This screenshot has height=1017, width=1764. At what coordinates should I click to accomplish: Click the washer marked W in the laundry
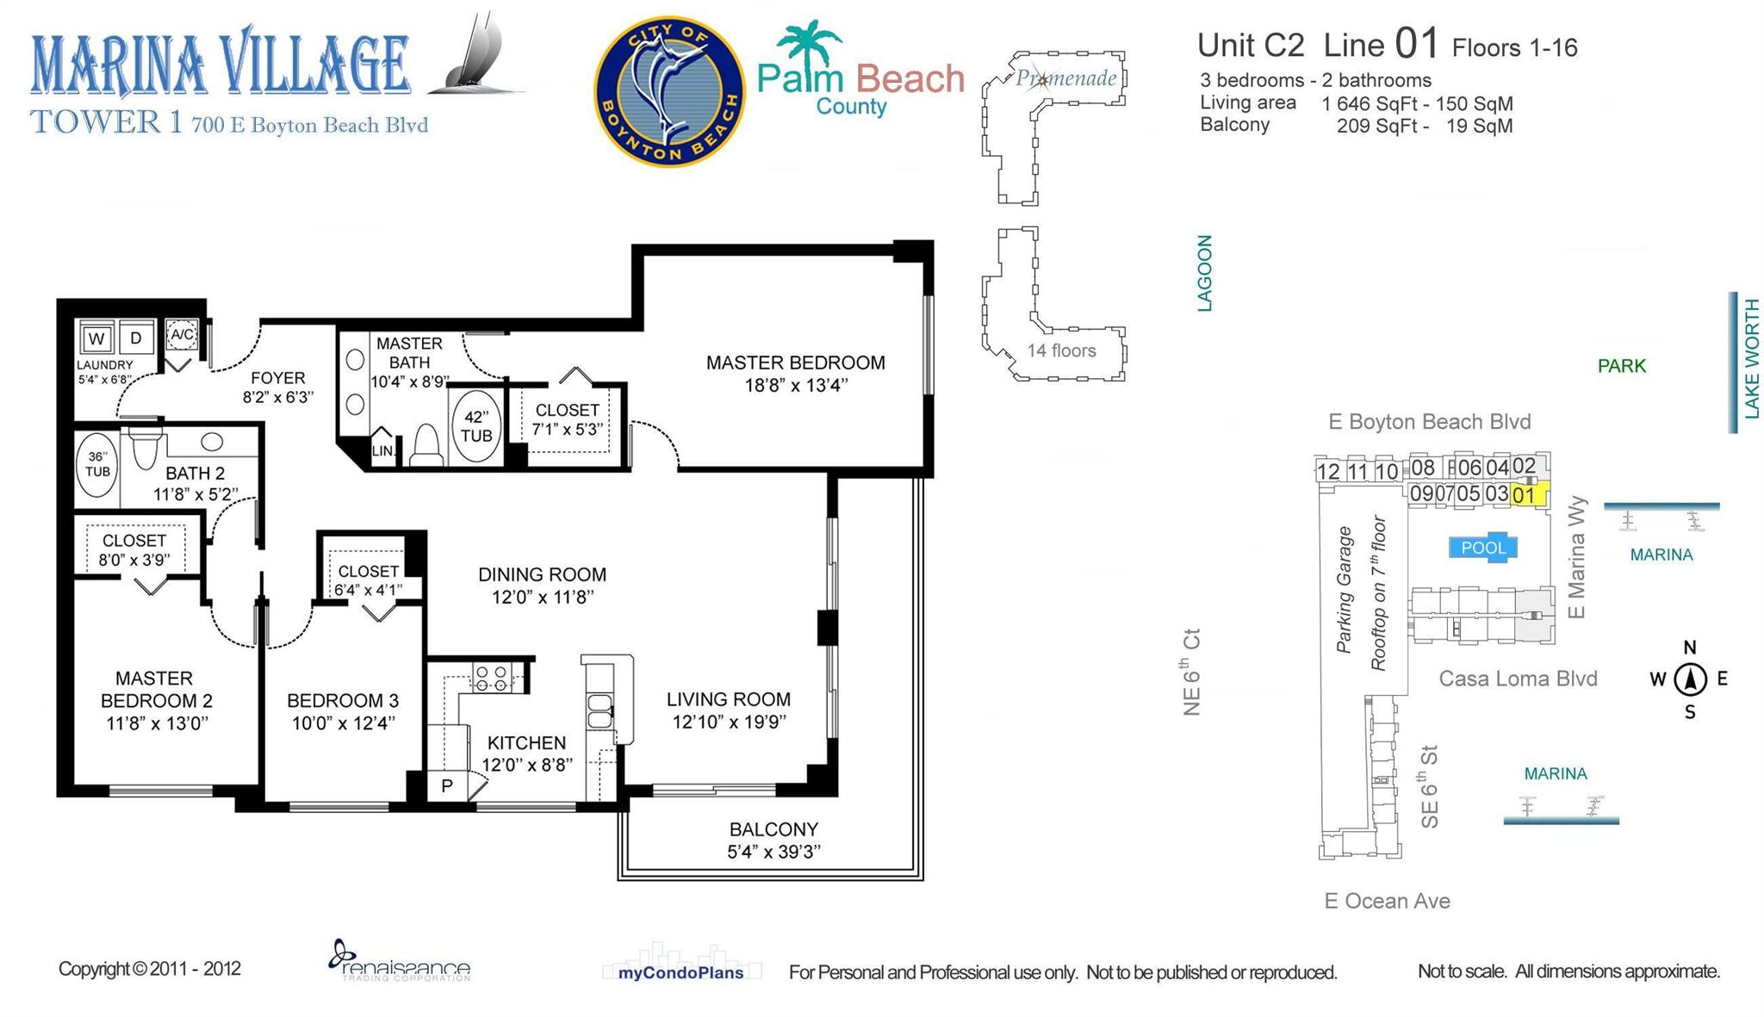[x=96, y=338]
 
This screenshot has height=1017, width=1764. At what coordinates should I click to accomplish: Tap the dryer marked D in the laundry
[x=136, y=338]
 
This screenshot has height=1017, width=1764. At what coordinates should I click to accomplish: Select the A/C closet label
[x=182, y=334]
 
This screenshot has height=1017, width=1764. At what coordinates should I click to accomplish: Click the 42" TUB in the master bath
[x=476, y=426]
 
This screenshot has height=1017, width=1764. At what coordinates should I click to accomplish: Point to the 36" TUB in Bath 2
[x=97, y=464]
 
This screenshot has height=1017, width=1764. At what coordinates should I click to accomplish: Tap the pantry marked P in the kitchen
[x=446, y=785]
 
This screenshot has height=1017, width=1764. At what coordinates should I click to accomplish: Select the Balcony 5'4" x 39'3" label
[x=773, y=840]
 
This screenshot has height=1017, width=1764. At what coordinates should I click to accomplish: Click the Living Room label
[x=729, y=710]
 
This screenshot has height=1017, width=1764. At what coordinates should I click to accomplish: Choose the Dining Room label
[x=543, y=586]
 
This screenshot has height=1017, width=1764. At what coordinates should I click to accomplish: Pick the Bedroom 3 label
[x=343, y=711]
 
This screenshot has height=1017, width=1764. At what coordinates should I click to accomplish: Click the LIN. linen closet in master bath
[x=383, y=450]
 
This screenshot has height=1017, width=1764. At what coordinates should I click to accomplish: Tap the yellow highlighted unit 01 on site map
[x=1526, y=494]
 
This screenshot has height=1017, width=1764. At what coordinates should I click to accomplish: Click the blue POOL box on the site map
[x=1482, y=548]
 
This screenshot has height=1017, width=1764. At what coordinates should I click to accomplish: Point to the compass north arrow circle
[x=1690, y=679]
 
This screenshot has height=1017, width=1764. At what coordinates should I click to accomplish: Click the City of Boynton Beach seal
[x=669, y=91]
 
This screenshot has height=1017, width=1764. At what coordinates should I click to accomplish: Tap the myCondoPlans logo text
[x=680, y=973]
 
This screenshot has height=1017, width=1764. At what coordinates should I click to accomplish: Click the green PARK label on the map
[x=1621, y=366]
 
